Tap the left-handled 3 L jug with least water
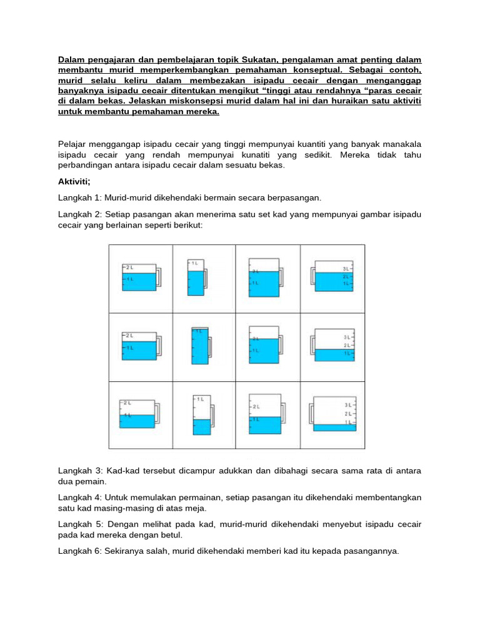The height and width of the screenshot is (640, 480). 334,414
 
